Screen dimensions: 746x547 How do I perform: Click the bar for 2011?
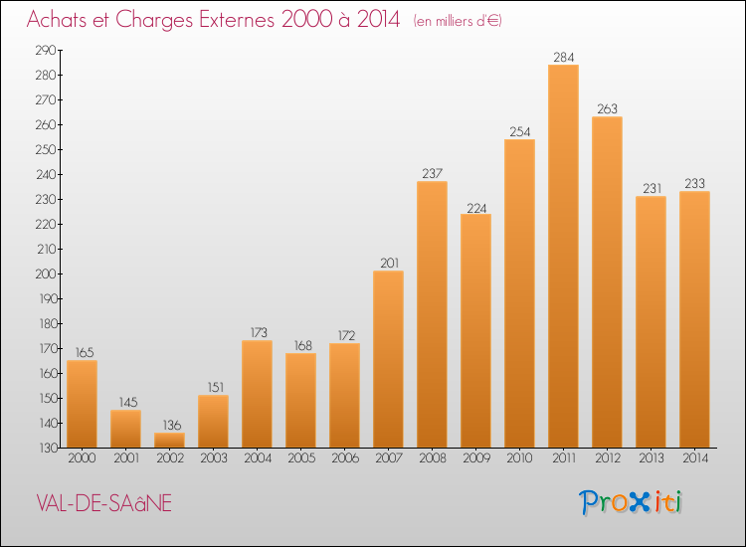pyautogui.click(x=563, y=256)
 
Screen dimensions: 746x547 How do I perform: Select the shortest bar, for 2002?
pyautogui.click(x=169, y=440)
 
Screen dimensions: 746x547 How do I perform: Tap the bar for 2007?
pyautogui.click(x=388, y=359)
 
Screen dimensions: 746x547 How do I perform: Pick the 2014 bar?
pyautogui.click(x=694, y=319)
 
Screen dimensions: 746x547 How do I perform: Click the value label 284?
pyautogui.click(x=564, y=57)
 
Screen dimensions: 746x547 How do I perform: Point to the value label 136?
pyautogui.click(x=172, y=425)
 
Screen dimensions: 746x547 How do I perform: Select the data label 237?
pyautogui.click(x=433, y=173)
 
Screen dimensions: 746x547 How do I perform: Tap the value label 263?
pyautogui.click(x=607, y=108)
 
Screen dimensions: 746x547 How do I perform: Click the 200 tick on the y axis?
pyautogui.click(x=46, y=273)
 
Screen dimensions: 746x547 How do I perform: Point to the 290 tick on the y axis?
pyautogui.click(x=46, y=50)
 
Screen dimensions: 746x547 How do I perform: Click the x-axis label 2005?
pyautogui.click(x=301, y=457)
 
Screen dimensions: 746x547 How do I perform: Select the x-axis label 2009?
pyautogui.click(x=476, y=457)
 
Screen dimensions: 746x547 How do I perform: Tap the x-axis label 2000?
pyautogui.click(x=82, y=457)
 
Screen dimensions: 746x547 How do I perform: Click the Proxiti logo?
pyautogui.click(x=631, y=502)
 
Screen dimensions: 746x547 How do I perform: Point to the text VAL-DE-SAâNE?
pyautogui.click(x=103, y=503)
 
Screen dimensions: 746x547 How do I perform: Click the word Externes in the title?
pyautogui.click(x=237, y=19)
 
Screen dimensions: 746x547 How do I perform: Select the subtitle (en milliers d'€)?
pyautogui.click(x=458, y=21)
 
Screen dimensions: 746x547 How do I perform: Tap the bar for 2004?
pyautogui.click(x=257, y=394)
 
